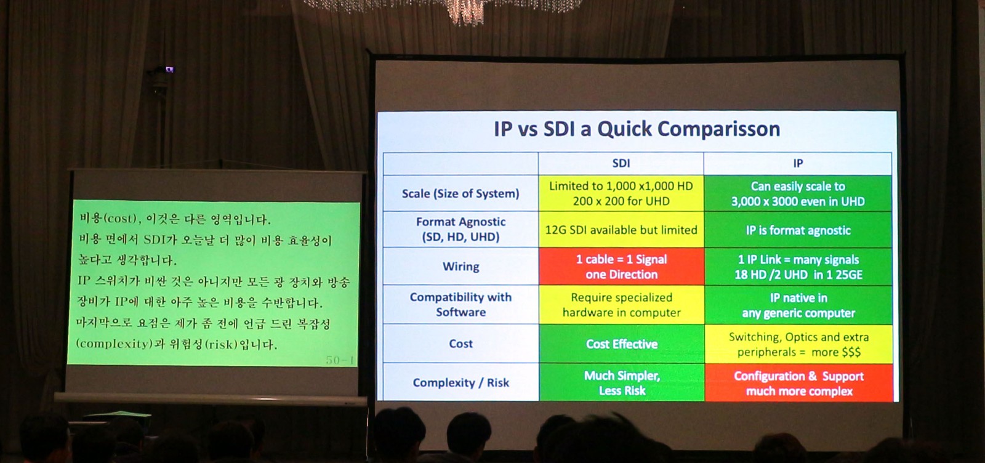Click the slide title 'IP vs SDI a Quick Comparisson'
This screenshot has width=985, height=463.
637,129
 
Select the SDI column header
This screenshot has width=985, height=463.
621,164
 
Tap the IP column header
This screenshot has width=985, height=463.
798,164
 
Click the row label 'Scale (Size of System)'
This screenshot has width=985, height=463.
460,193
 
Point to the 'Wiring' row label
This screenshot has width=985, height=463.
460,267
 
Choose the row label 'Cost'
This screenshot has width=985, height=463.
460,344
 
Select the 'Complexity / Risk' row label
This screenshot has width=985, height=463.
460,382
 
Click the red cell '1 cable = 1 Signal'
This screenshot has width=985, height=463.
621,267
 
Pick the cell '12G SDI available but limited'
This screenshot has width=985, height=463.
621,230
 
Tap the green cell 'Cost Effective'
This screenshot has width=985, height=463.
621,344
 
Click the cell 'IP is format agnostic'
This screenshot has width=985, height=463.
798,230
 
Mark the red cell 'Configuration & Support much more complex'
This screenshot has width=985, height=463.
798,384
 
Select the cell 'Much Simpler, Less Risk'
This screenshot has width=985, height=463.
621,383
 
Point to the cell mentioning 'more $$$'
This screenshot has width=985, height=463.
798,344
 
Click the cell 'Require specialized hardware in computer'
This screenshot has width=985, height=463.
621,305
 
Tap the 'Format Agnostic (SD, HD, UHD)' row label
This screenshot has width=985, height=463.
460,230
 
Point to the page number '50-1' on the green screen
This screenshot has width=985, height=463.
340,360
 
